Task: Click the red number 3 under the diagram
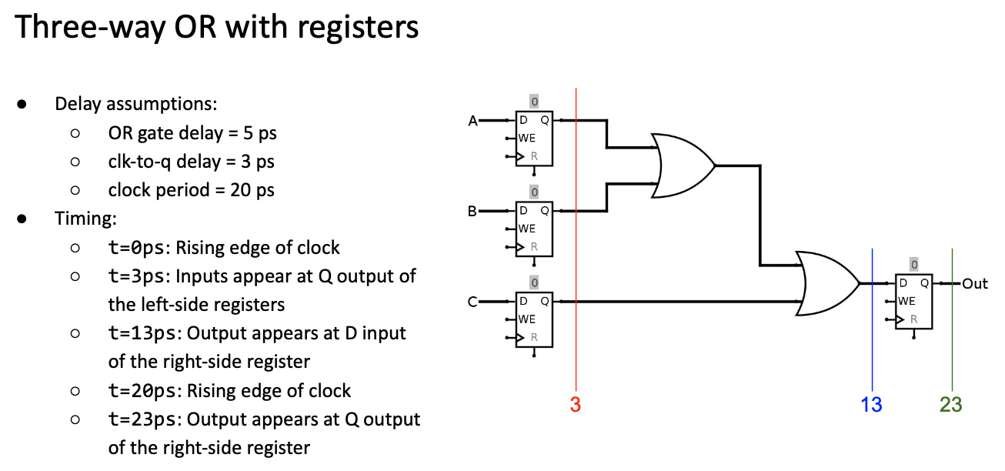[x=575, y=405]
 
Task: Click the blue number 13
[x=871, y=405]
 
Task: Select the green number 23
[x=950, y=405]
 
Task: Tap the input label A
[x=473, y=121]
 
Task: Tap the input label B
[x=473, y=211]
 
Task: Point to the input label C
[x=473, y=302]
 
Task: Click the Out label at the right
[x=974, y=284]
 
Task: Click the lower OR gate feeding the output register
[x=828, y=283]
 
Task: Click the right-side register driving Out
[x=913, y=302]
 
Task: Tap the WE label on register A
[x=527, y=139]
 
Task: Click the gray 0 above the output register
[x=913, y=265]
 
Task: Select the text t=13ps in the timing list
[x=145, y=333]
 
